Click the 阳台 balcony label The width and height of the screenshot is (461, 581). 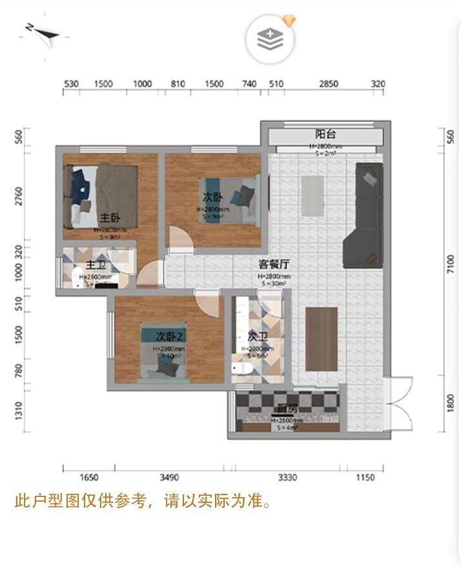pyautogui.click(x=325, y=134)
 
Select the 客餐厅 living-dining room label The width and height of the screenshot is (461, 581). pyautogui.click(x=274, y=264)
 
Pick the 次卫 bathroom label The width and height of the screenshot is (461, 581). pyautogui.click(x=258, y=336)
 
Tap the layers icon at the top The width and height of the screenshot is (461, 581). pyautogui.click(x=271, y=39)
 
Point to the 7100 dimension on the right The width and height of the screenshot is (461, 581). pyautogui.click(x=451, y=264)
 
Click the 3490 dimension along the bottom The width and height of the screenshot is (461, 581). pyautogui.click(x=169, y=478)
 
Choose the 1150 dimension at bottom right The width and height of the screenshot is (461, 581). pyautogui.click(x=365, y=478)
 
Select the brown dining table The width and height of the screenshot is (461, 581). pyautogui.click(x=322, y=339)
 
